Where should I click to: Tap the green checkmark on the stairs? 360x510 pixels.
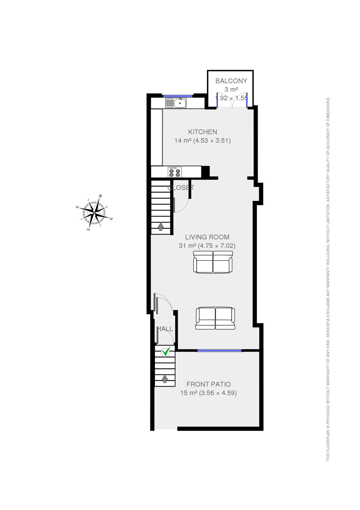click(166, 352)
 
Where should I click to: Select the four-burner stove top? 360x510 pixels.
click(175, 172)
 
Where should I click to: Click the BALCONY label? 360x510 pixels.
click(231, 81)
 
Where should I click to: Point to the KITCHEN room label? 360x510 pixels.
click(203, 132)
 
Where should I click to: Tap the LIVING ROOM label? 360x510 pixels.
click(207, 237)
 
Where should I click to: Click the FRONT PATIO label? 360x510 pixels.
click(209, 384)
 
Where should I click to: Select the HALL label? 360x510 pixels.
click(165, 329)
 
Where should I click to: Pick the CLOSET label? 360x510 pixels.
click(181, 188)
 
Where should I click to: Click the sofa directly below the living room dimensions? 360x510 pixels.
click(213, 262)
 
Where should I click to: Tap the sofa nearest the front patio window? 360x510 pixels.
click(215, 318)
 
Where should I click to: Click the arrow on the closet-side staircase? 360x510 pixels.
click(161, 226)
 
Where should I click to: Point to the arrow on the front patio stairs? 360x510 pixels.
click(165, 378)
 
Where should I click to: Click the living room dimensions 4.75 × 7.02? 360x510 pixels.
click(217, 246)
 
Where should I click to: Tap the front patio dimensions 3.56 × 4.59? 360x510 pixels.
click(218, 393)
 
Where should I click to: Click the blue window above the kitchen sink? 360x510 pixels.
click(178, 96)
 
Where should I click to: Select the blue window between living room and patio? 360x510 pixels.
click(219, 351)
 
